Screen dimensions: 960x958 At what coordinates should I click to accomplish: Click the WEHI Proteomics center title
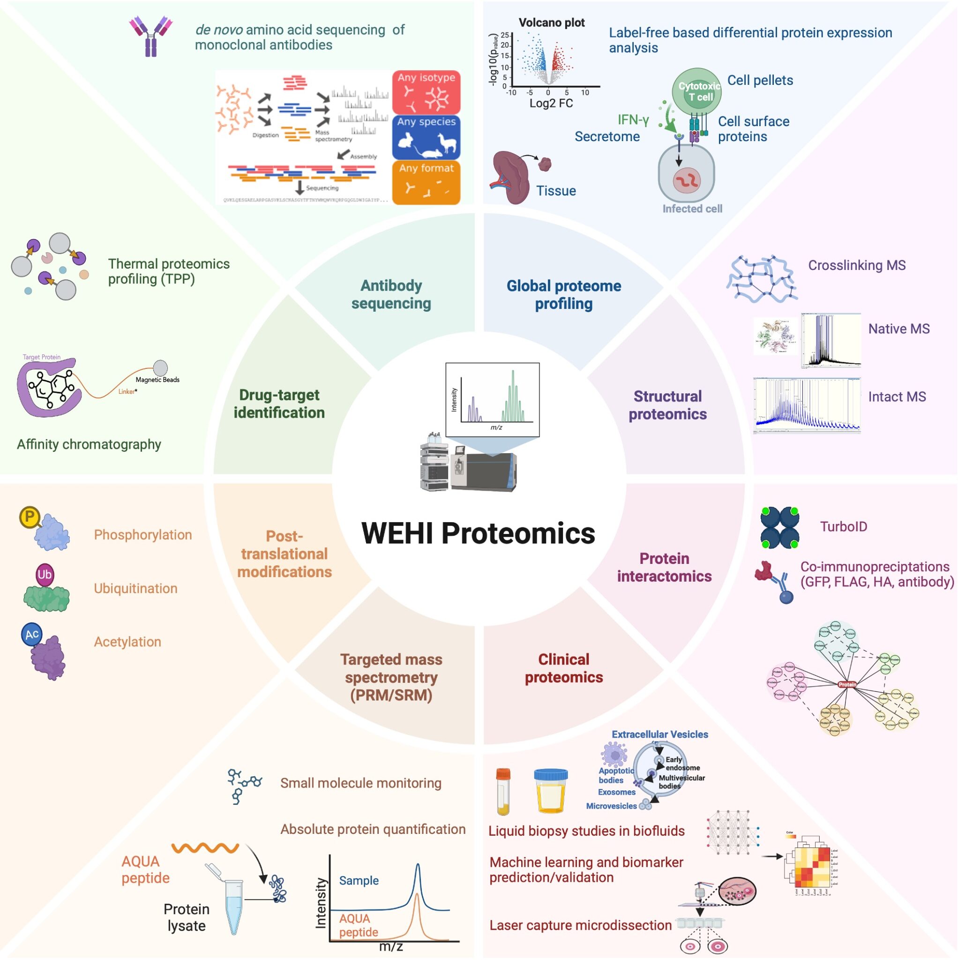tap(478, 533)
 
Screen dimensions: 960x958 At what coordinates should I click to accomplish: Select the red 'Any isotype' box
tap(427, 92)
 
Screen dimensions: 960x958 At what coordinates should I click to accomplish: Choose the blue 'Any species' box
tap(427, 137)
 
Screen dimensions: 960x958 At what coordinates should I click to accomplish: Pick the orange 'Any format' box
tap(427, 182)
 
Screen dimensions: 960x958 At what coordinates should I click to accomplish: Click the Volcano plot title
tap(552, 22)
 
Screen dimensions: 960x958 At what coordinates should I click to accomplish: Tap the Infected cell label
tap(692, 209)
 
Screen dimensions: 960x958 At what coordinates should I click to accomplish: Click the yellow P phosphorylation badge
tap(30, 517)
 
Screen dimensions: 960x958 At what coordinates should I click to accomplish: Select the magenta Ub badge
tap(44, 574)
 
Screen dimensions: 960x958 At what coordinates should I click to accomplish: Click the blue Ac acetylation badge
tap(32, 635)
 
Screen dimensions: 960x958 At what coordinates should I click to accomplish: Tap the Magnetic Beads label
tap(157, 380)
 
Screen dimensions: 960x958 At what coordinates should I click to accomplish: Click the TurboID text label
tap(843, 527)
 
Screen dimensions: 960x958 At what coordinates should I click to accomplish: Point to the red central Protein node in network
tap(847, 685)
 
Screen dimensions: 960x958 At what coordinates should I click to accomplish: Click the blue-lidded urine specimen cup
tap(551, 790)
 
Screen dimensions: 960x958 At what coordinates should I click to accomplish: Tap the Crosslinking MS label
tap(857, 265)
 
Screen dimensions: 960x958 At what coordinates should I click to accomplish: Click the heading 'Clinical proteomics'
tap(563, 668)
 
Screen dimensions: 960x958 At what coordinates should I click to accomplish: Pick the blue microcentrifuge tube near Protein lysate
tap(233, 905)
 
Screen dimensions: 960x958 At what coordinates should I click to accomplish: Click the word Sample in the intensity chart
tap(359, 881)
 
